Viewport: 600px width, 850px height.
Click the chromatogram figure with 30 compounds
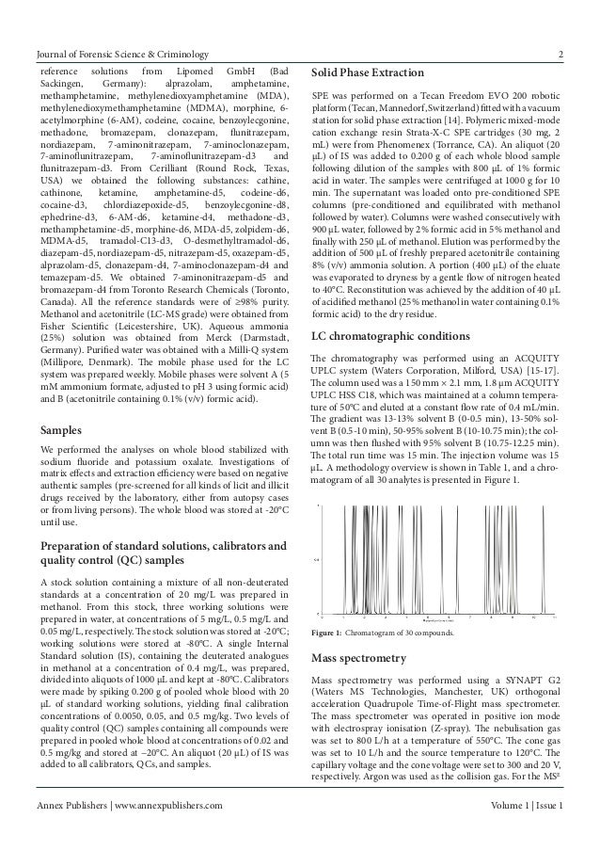point(435,562)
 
